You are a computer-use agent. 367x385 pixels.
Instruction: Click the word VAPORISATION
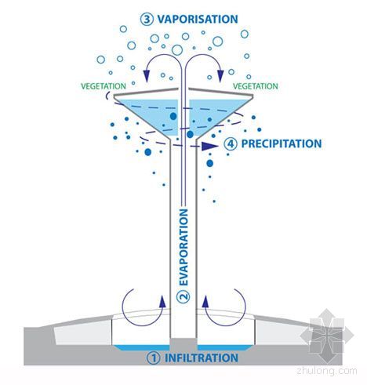(x=198, y=19)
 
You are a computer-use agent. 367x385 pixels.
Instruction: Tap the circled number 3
(x=147, y=19)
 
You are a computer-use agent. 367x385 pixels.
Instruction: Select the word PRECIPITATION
(x=282, y=143)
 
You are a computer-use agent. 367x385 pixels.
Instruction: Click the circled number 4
(x=231, y=143)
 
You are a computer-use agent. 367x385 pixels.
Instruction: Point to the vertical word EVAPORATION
(x=183, y=247)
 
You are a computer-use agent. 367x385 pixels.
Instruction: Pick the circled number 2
(x=183, y=296)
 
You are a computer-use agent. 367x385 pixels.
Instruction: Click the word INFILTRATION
(x=202, y=358)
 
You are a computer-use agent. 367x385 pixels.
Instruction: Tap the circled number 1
(x=154, y=358)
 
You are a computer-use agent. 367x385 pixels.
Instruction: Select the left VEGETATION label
(x=104, y=86)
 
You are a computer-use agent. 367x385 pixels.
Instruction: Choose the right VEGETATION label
(x=256, y=86)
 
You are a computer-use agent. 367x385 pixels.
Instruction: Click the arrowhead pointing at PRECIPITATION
(x=209, y=146)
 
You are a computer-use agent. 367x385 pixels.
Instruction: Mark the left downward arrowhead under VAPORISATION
(x=147, y=76)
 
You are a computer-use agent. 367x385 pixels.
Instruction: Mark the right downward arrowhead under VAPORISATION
(x=220, y=76)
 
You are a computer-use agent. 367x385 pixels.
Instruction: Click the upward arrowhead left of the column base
(x=162, y=301)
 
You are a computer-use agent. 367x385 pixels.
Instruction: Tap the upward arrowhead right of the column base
(x=205, y=301)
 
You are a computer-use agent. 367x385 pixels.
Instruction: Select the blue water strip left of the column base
(x=142, y=347)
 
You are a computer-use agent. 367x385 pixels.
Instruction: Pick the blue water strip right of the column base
(x=225, y=347)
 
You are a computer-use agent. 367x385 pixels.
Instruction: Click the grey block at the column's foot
(x=183, y=344)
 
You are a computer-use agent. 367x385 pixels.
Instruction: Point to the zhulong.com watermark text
(x=327, y=371)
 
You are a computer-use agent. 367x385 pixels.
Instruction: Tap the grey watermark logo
(x=326, y=336)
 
